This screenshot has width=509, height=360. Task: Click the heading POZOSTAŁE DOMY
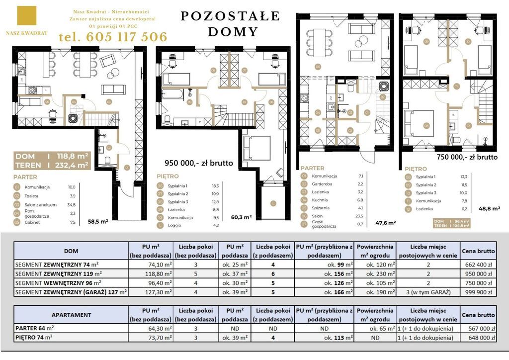230,24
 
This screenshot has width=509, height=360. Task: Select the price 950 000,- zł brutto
199,163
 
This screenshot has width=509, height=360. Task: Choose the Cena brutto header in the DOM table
479,251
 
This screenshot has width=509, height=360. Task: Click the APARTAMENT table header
71,315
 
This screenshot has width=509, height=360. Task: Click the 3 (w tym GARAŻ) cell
428,292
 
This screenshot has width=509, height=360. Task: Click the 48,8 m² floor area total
490,209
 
